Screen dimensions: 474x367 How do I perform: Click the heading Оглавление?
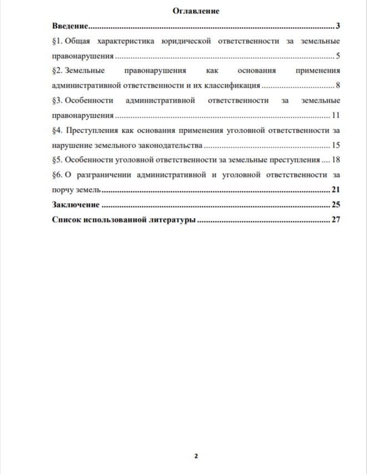point(196,11)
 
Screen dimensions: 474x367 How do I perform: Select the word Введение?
point(70,26)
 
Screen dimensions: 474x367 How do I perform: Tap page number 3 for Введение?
point(338,26)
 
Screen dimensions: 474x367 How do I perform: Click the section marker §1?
point(56,41)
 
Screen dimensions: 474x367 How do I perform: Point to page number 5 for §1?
point(338,56)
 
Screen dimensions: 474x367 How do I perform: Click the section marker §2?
point(56,71)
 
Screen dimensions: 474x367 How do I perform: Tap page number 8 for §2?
point(338,86)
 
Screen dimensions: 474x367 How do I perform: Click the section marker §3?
point(56,101)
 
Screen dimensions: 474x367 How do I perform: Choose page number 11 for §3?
point(335,116)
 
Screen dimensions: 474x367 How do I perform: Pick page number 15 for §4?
point(335,145)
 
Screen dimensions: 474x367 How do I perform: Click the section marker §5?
point(56,160)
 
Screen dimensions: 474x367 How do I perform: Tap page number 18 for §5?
point(335,160)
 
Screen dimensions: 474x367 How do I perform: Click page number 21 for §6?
point(335,190)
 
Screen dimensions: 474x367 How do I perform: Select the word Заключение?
point(75,204)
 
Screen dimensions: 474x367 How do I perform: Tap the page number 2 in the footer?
point(196,456)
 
